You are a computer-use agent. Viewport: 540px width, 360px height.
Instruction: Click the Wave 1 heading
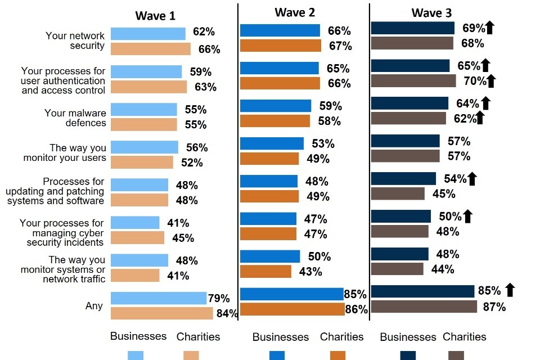pyautogui.click(x=155, y=16)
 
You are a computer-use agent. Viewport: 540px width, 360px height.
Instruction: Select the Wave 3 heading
pyautogui.click(x=431, y=13)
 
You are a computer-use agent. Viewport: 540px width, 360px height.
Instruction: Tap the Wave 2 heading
pyautogui.click(x=294, y=12)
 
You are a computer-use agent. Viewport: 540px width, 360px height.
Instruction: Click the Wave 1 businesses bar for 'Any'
pyautogui.click(x=159, y=298)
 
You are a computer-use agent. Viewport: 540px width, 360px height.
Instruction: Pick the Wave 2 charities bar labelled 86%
pyautogui.click(x=292, y=309)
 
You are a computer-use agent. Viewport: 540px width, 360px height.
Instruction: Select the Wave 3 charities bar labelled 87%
pyautogui.click(x=424, y=307)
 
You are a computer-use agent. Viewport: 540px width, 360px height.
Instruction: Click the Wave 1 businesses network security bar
pyautogui.click(x=148, y=34)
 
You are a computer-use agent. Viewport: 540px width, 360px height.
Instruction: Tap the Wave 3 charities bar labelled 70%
pyautogui.click(x=413, y=80)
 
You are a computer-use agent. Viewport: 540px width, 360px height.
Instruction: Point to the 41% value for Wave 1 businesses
pyautogui.click(x=178, y=223)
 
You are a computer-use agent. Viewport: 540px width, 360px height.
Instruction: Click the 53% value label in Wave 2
pyautogui.click(x=323, y=144)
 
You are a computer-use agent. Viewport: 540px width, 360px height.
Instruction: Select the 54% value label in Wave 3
pyautogui.click(x=454, y=179)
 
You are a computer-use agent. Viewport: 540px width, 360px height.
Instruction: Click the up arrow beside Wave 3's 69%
pyautogui.click(x=489, y=27)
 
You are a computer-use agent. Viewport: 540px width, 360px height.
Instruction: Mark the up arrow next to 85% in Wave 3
pyautogui.click(x=510, y=290)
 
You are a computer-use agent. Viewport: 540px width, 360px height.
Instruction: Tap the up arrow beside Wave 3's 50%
pyautogui.click(x=467, y=216)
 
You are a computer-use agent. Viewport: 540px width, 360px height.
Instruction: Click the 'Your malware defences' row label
pyautogui.click(x=75, y=118)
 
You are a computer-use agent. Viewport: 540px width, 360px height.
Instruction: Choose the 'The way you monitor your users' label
pyautogui.click(x=65, y=153)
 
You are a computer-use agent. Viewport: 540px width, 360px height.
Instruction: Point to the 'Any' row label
pyautogui.click(x=94, y=306)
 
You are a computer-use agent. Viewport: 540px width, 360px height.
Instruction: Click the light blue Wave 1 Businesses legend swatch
pyautogui.click(x=136, y=355)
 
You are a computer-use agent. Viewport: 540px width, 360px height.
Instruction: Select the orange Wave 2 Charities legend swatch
pyautogui.click(x=338, y=355)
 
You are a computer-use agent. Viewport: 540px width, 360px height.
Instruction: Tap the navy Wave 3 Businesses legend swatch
pyautogui.click(x=408, y=355)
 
